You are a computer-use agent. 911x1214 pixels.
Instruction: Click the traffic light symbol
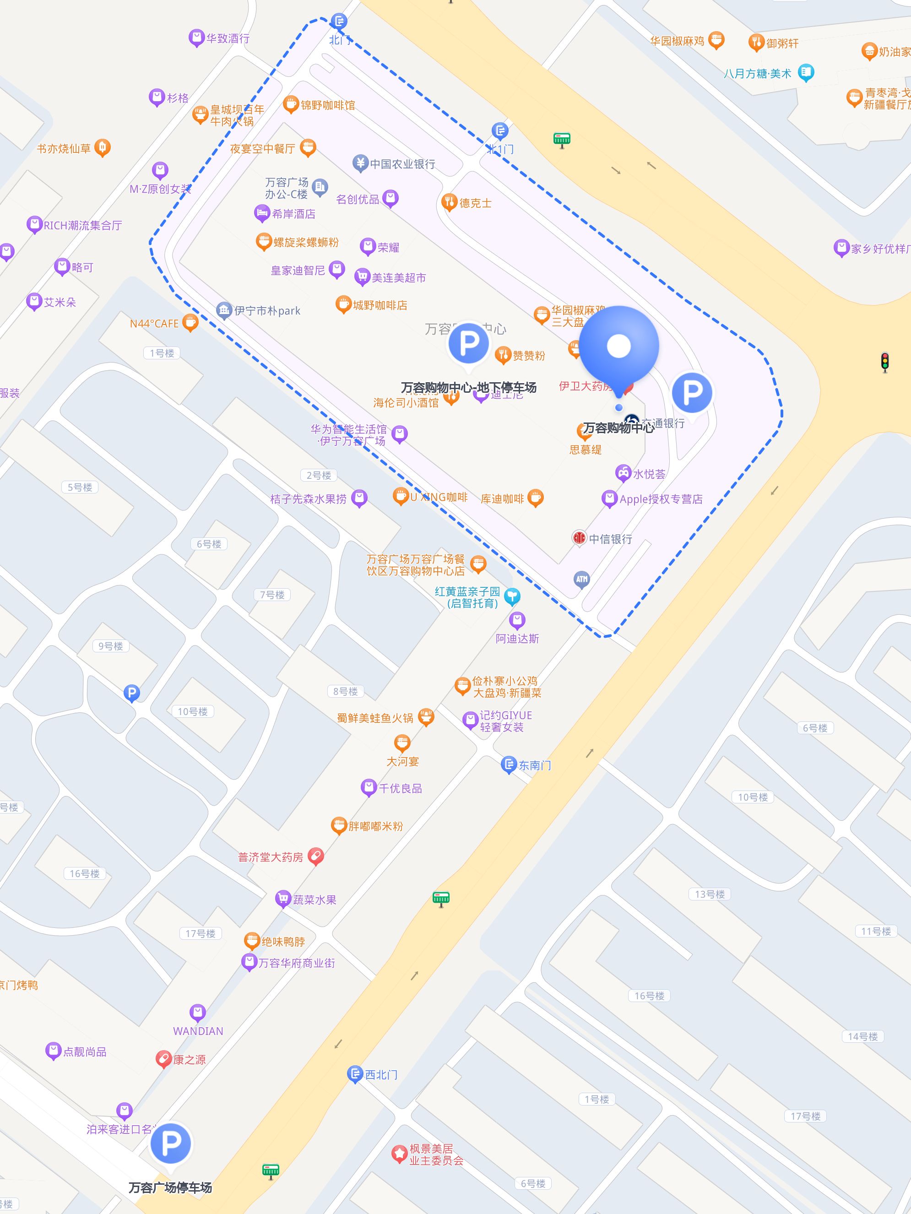coord(884,362)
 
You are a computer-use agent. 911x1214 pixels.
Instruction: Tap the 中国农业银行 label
coord(402,164)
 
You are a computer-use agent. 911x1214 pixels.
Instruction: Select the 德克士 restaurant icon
coord(450,202)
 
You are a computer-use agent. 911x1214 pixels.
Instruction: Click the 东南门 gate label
coord(535,764)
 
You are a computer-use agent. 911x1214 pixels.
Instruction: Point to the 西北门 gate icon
coord(355,1074)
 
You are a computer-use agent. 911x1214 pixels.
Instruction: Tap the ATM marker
coord(582,579)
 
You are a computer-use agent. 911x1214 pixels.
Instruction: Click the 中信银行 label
coord(610,539)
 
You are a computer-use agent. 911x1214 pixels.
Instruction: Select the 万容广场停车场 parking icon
coord(171,1143)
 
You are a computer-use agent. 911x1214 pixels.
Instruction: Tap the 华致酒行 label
coord(228,38)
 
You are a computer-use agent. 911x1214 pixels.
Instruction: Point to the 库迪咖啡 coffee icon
coord(536,498)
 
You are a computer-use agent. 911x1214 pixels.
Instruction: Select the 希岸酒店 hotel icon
coord(262,213)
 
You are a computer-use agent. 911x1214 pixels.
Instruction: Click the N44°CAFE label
coord(154,324)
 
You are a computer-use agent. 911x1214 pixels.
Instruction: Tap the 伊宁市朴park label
coord(267,311)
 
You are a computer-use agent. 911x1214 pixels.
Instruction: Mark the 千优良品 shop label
coord(401,788)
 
